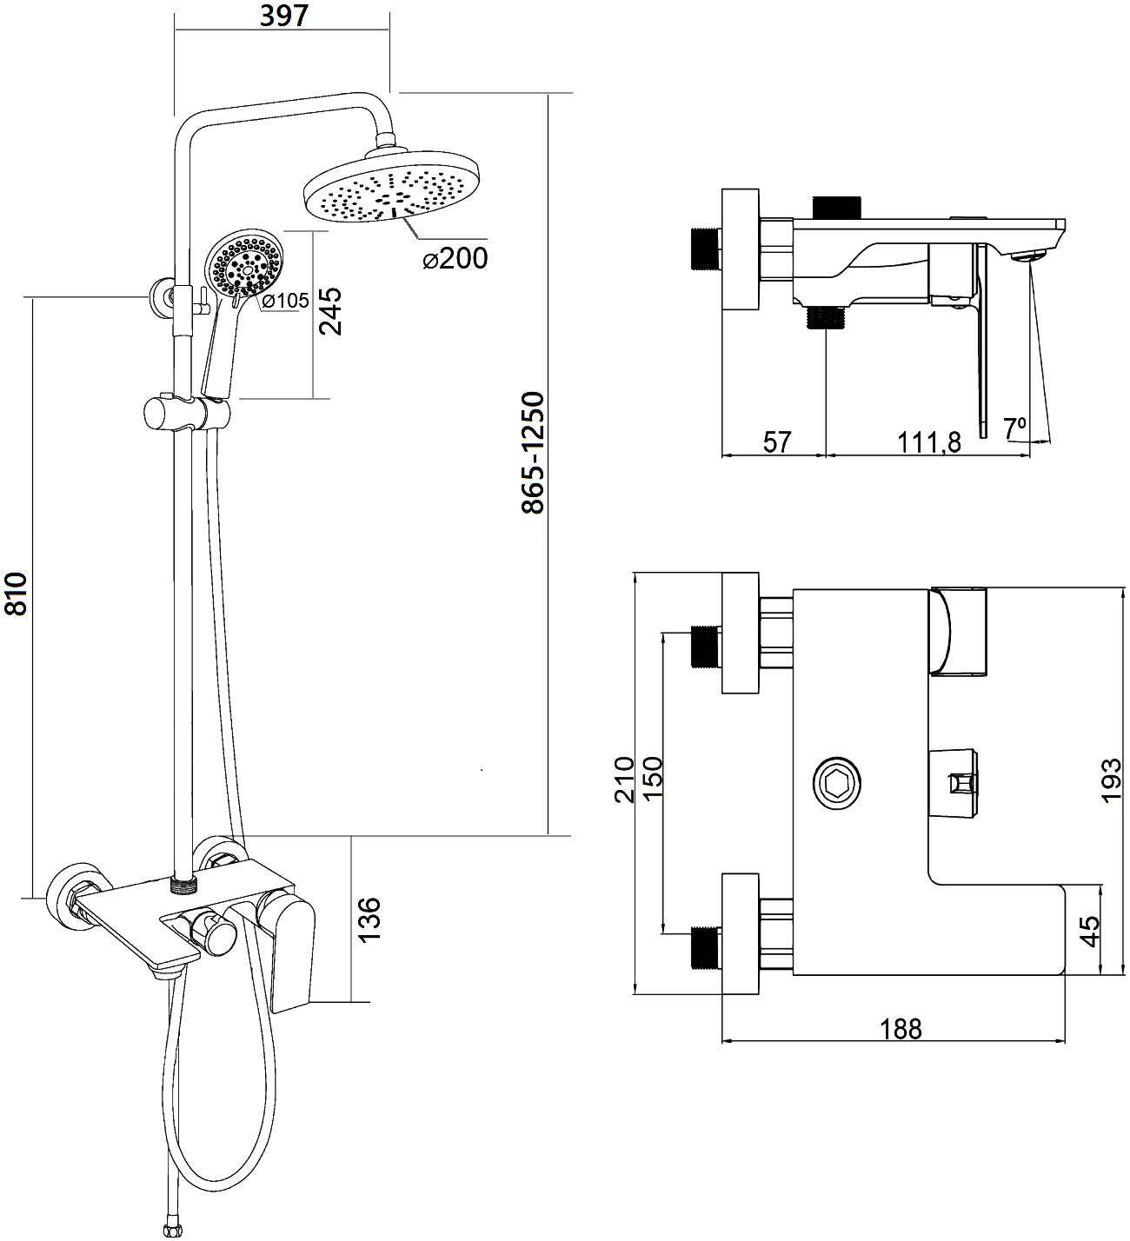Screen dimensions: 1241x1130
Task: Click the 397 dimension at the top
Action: point(283,16)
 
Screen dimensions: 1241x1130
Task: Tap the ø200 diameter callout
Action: point(455,258)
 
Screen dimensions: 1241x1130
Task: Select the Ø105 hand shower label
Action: point(285,301)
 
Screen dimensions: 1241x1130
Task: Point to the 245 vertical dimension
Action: point(329,310)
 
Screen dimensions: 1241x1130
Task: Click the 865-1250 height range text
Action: point(532,453)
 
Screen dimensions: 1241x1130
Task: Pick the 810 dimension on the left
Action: point(17,594)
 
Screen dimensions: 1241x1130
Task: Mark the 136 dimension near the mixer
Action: point(368,918)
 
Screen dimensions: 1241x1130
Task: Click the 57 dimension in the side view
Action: point(777,442)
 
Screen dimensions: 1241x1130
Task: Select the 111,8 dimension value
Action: point(927,442)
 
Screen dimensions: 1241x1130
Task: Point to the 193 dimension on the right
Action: point(1112,780)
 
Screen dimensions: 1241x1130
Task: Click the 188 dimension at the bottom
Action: point(901,1029)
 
